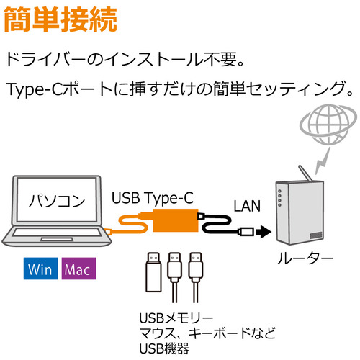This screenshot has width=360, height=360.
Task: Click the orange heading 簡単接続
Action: tap(60, 19)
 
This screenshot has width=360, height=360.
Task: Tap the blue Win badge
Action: tap(40, 269)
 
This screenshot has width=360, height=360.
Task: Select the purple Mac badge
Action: tap(78, 269)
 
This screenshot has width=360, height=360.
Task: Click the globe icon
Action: tap(328, 125)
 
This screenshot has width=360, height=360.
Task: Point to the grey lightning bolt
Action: tap(323, 161)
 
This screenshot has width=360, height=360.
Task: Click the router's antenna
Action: tap(305, 174)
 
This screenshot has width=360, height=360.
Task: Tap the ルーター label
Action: tap(305, 258)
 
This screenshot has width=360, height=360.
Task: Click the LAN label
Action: tap(247, 206)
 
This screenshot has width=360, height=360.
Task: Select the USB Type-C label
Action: tap(153, 198)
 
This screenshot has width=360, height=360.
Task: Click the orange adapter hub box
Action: tap(176, 220)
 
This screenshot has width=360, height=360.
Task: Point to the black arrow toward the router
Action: tap(264, 232)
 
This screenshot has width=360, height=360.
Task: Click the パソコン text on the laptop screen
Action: tap(57, 201)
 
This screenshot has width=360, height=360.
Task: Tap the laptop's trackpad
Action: tap(57, 239)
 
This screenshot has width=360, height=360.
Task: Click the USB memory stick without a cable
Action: tap(153, 272)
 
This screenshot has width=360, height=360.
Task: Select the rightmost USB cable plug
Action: tap(196, 266)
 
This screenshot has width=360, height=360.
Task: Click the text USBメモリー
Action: tap(176, 318)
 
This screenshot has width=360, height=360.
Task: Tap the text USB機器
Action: tap(164, 348)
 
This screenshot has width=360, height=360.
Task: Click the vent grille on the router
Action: tap(316, 235)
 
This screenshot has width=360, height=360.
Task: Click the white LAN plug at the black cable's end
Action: tap(246, 232)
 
